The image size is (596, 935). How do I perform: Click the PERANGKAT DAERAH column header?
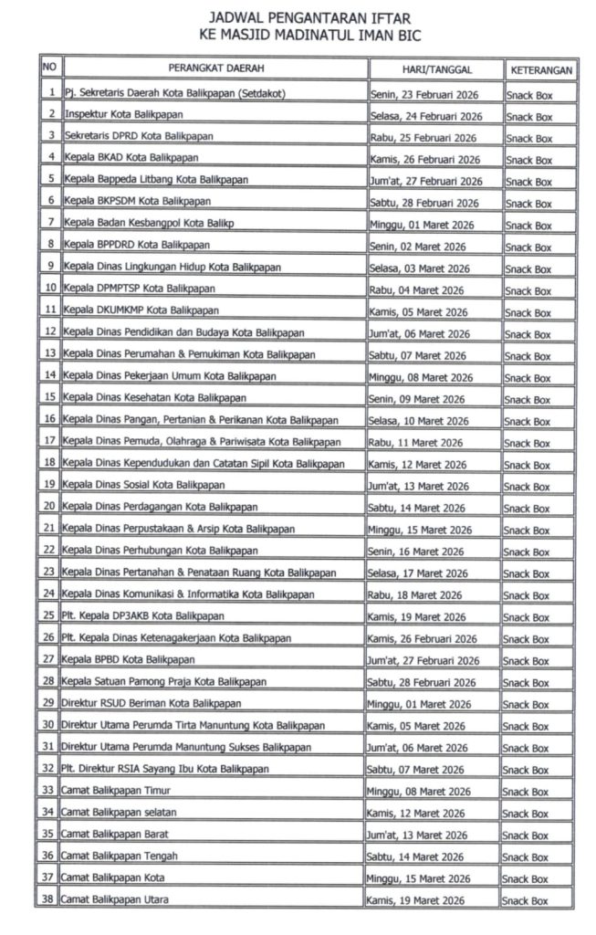tap(215, 69)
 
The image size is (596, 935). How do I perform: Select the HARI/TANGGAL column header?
tap(435, 69)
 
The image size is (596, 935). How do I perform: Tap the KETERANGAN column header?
tap(541, 69)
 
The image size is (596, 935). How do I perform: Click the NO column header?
tap(49, 68)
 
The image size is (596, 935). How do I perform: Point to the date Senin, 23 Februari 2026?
tap(424, 94)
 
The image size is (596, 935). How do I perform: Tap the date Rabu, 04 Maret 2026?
tap(417, 289)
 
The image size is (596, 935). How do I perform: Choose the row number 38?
tap(49, 899)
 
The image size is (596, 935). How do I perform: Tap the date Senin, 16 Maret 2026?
tap(417, 552)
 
